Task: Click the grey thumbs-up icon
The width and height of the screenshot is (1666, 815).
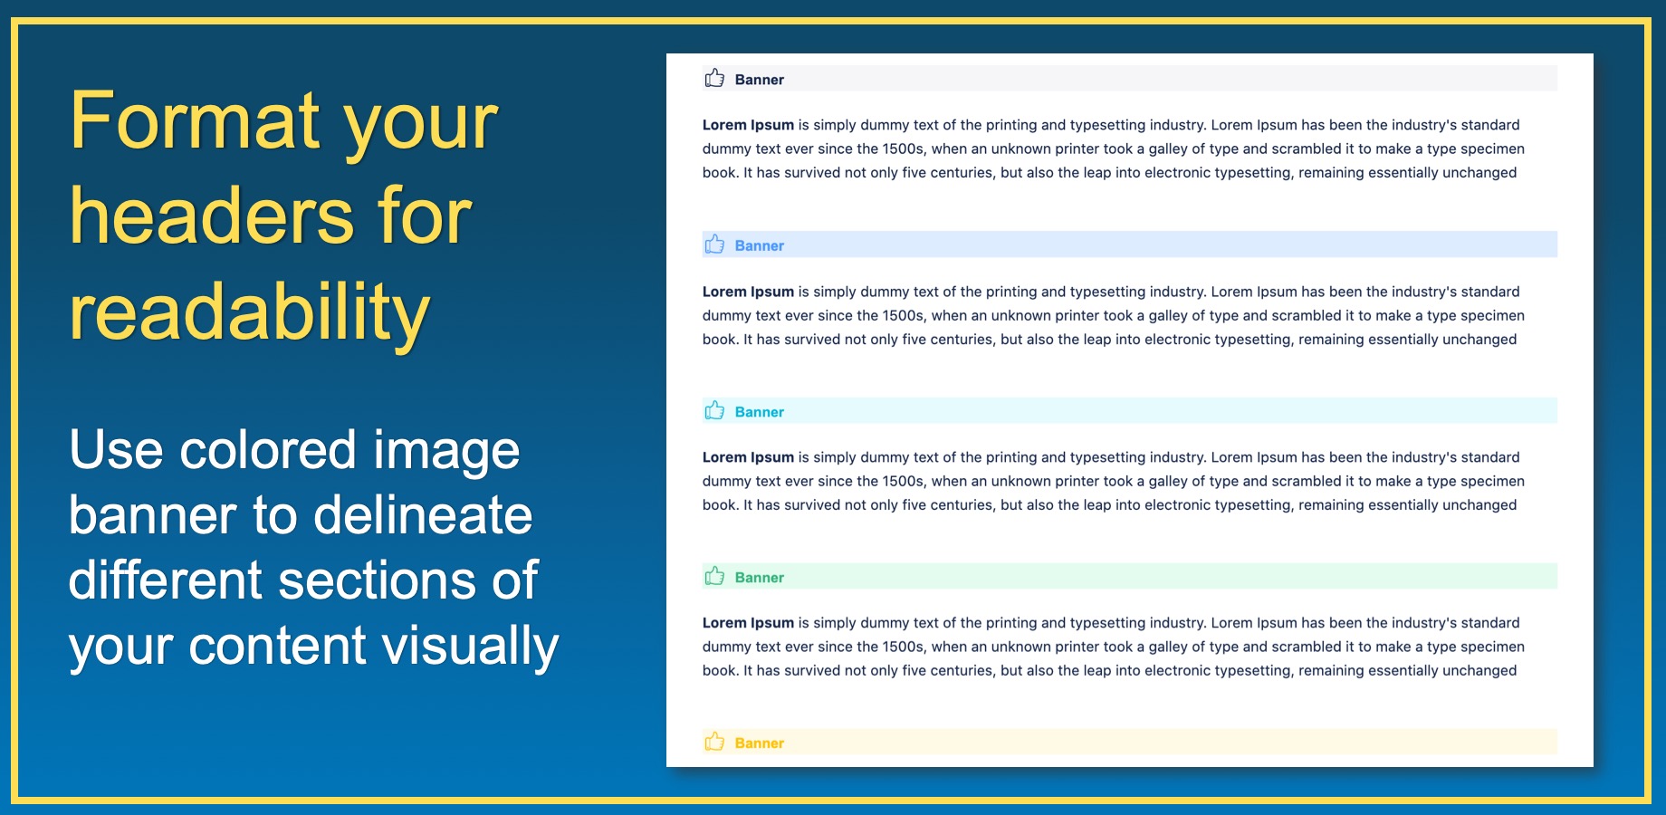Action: click(x=714, y=78)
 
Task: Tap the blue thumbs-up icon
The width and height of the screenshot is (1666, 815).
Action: click(x=714, y=244)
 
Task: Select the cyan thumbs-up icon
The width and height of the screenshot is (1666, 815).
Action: click(x=714, y=411)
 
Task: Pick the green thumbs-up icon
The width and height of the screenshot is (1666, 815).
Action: click(x=714, y=577)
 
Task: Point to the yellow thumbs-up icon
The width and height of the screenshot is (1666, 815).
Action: click(x=714, y=743)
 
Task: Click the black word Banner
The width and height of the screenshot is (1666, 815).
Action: click(x=760, y=80)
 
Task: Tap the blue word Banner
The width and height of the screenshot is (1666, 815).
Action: click(x=760, y=245)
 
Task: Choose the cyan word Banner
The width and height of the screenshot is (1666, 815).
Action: click(x=760, y=412)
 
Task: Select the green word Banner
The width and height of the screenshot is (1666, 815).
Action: click(x=760, y=578)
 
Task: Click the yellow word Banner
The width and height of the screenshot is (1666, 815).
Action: click(x=760, y=743)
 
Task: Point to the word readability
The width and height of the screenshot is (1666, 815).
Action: click(x=250, y=313)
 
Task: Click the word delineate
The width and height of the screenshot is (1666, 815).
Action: click(x=423, y=515)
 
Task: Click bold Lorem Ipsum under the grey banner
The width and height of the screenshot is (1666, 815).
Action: click(x=748, y=125)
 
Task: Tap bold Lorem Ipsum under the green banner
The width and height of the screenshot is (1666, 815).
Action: click(x=748, y=623)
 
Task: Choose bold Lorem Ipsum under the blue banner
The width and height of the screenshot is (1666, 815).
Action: click(x=748, y=292)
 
